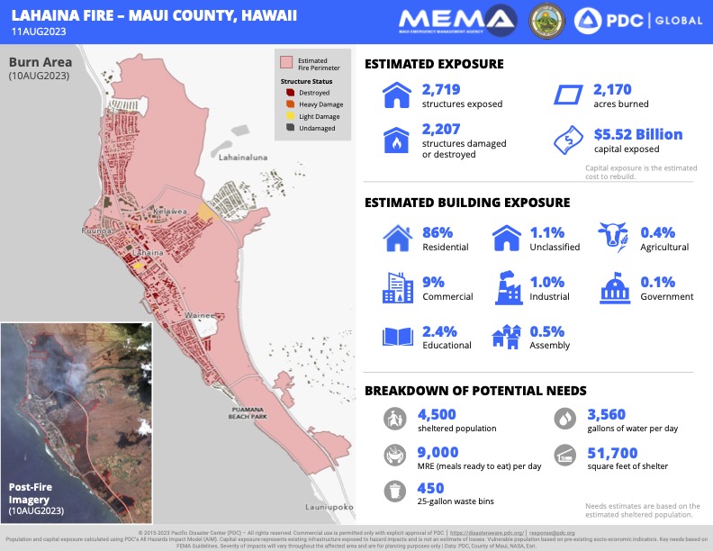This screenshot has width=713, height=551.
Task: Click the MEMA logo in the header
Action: coord(456,20)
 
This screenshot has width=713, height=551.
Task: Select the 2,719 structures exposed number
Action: coord(443,89)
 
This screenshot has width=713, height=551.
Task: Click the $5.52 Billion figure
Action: coord(637,134)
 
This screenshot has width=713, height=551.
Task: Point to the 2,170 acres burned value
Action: coord(612,89)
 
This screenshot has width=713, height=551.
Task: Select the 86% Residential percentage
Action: coord(438,233)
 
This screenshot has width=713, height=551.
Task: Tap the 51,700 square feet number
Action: coord(612,453)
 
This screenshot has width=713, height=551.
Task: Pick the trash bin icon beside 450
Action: coord(393,491)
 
